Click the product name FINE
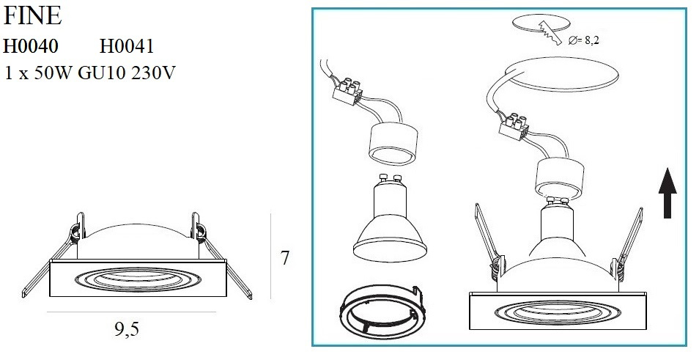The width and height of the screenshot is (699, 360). tap(32, 16)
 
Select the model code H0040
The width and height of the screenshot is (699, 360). tap(31, 46)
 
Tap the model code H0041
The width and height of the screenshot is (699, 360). tap(127, 46)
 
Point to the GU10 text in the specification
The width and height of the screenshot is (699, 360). tap(102, 73)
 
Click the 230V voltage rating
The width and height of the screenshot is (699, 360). tap(153, 73)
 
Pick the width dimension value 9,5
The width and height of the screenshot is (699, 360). tap(127, 329)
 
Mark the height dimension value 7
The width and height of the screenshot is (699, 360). tap(285, 258)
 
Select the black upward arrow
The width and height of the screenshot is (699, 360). tap(667, 193)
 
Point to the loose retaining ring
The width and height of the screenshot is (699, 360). tap(382, 309)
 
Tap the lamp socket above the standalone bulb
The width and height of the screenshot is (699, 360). tap(393, 144)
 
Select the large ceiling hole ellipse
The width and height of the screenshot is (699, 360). tap(561, 75)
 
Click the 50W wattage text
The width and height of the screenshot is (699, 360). tap(53, 73)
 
